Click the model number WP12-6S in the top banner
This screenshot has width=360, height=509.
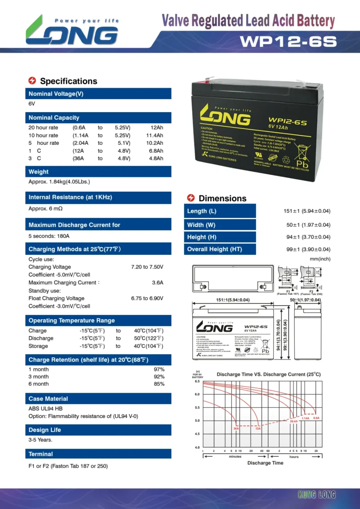point(288,41)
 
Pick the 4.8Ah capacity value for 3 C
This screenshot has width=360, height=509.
point(156,158)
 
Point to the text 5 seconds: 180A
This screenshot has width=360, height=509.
point(49,236)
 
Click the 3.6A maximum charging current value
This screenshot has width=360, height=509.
point(157,283)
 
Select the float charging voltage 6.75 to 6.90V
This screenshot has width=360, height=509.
point(147,298)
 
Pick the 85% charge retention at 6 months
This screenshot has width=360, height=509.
point(159,384)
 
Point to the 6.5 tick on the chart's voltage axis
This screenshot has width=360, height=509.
point(197,381)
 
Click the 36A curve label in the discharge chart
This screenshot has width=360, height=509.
point(236,428)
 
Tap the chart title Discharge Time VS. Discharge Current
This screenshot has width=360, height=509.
point(268,374)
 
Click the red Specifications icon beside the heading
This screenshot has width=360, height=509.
point(32,81)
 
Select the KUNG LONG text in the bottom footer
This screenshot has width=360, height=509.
point(317,495)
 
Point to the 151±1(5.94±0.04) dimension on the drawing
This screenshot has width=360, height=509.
point(233,300)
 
